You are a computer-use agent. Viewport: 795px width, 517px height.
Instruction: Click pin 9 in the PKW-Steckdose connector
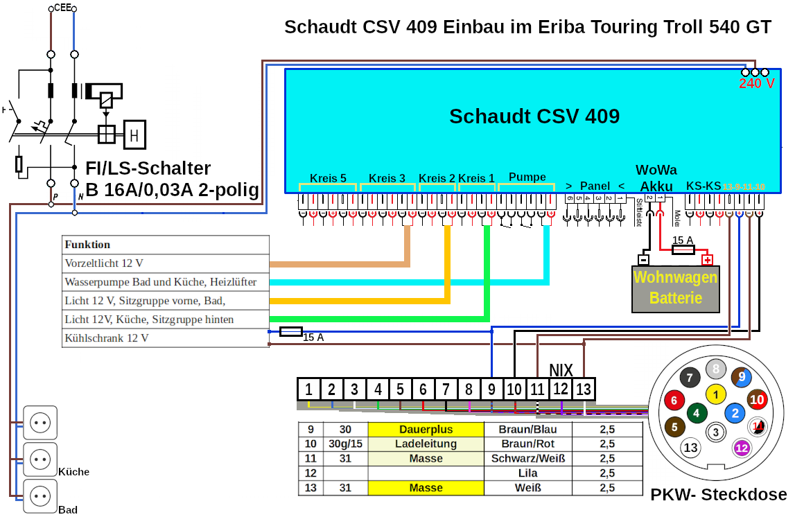pyautogui.click(x=742, y=377)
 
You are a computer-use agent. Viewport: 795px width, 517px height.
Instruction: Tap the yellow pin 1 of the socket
pyautogui.click(x=715, y=394)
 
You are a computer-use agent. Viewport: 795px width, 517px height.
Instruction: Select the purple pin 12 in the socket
pyautogui.click(x=742, y=448)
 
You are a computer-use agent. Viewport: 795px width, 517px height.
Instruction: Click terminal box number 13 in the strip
pyautogui.click(x=584, y=389)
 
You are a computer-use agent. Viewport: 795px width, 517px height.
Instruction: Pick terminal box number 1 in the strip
pyautogui.click(x=309, y=389)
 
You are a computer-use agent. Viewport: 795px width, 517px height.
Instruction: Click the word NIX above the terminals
pyautogui.click(x=561, y=369)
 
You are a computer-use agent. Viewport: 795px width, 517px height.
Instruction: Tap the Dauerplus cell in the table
pyautogui.click(x=426, y=430)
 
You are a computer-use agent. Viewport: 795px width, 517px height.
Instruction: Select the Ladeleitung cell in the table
pyautogui.click(x=426, y=444)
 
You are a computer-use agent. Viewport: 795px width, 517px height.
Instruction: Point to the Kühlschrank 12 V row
pyautogui.click(x=165, y=339)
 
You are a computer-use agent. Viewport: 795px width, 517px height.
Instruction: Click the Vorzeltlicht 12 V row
pyautogui.click(x=165, y=264)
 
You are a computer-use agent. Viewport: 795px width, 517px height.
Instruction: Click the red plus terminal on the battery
pyautogui.click(x=707, y=261)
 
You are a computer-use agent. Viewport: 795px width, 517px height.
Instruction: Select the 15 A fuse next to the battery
pyautogui.click(x=683, y=249)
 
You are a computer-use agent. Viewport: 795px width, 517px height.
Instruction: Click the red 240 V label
pyautogui.click(x=756, y=84)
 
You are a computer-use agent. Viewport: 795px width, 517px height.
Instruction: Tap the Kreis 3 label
pyautogui.click(x=387, y=178)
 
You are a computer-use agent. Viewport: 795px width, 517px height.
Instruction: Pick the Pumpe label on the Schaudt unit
pyautogui.click(x=527, y=177)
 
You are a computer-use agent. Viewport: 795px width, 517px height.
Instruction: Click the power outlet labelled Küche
pyautogui.click(x=40, y=458)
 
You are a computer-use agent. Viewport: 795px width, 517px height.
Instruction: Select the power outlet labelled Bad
pyautogui.click(x=40, y=496)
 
